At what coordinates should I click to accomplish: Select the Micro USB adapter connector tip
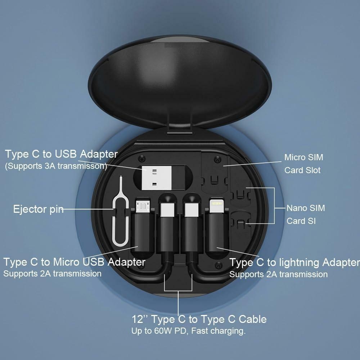(x=143, y=206)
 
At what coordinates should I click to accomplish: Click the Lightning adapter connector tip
(x=216, y=207)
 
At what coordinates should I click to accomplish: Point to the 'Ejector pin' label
(x=38, y=209)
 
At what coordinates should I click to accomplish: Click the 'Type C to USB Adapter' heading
(x=61, y=154)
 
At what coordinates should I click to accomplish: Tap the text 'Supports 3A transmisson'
(x=56, y=166)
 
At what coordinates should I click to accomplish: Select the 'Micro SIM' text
(x=303, y=157)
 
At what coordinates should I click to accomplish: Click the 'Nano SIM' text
(x=306, y=208)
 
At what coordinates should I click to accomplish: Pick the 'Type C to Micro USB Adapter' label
(x=74, y=262)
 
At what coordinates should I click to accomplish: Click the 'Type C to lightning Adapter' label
(x=294, y=262)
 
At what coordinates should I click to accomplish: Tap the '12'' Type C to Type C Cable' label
(x=199, y=319)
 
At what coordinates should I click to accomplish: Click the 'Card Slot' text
(x=302, y=170)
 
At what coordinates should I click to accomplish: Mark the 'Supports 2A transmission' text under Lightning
(x=278, y=274)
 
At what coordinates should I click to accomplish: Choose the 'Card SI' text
(x=301, y=221)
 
